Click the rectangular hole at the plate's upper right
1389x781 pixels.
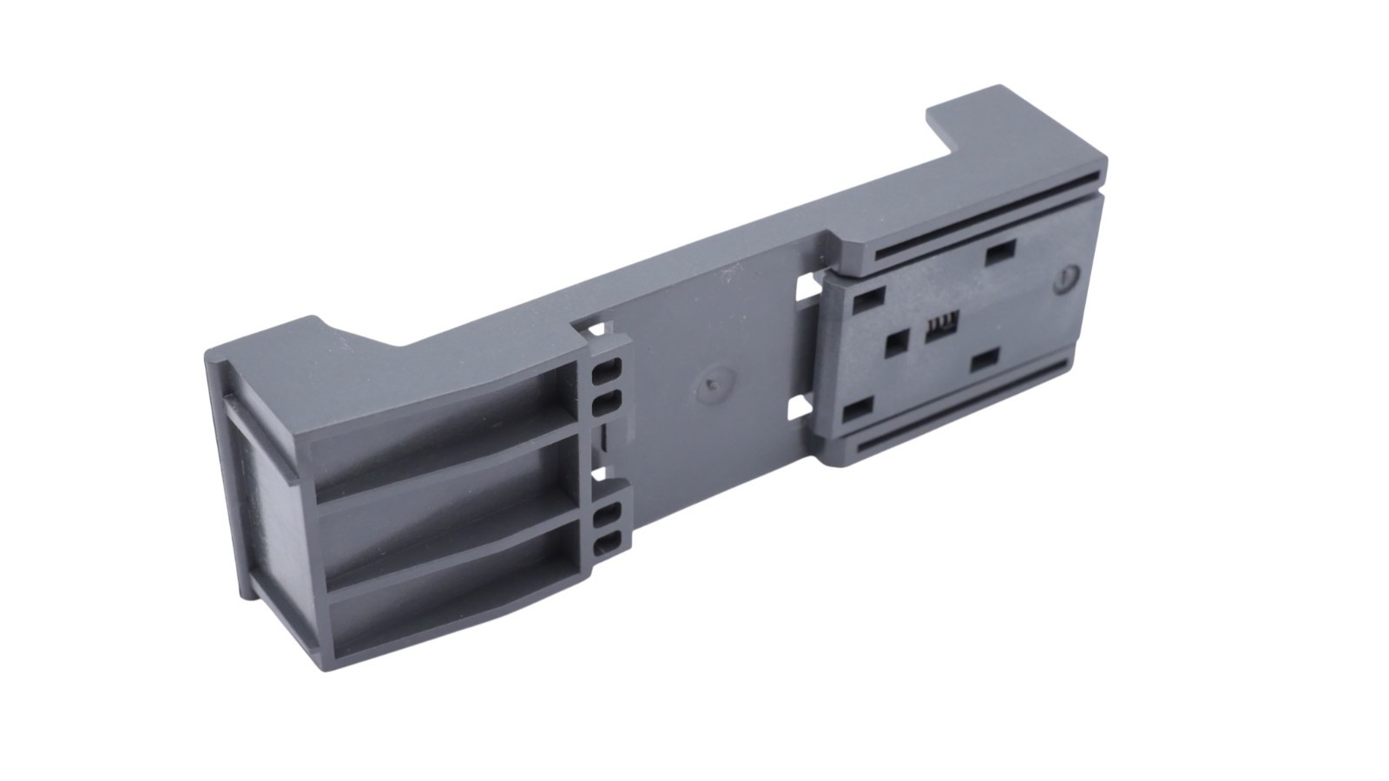coord(1000,252)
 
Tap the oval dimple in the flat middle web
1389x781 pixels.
coord(715,385)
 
